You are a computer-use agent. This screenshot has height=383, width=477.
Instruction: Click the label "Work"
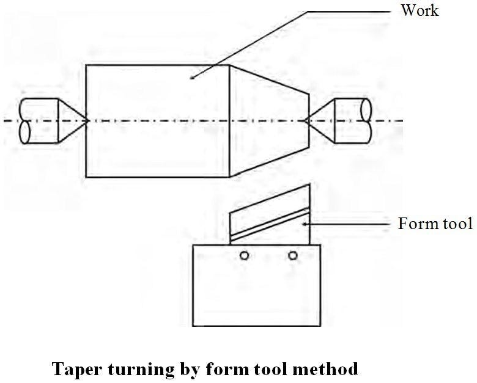[x=420, y=10]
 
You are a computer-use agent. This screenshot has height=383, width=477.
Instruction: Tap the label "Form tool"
[x=435, y=224]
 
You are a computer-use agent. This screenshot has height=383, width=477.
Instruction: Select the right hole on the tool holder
[x=293, y=255]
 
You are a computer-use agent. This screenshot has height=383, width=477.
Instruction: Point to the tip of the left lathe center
[x=89, y=121]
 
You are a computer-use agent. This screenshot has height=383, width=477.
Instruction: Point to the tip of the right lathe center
[x=305, y=120]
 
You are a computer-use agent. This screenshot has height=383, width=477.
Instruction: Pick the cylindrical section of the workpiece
[x=157, y=121]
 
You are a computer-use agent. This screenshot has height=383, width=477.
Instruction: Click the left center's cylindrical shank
[x=37, y=121]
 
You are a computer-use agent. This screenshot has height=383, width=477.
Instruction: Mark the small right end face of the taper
[x=308, y=120]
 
